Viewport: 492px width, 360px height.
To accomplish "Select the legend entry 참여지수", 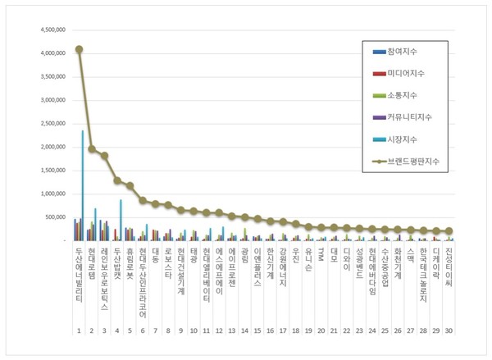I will [410, 52].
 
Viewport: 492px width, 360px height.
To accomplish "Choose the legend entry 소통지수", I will [410, 96].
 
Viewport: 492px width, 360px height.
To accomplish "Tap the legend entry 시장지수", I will [410, 140].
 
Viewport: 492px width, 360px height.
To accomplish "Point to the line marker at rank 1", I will [79, 49].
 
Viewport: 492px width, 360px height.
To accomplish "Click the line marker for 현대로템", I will [92, 149].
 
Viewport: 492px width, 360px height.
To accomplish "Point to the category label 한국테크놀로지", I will [423, 275].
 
